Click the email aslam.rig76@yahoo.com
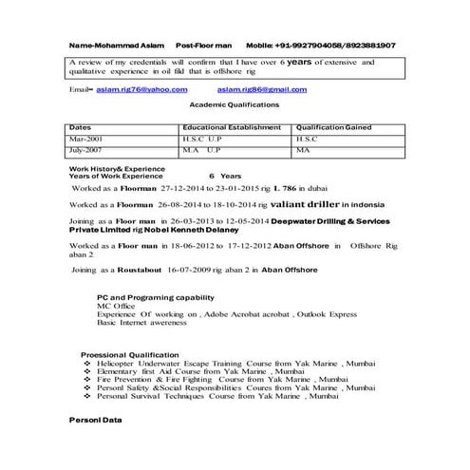[141, 88]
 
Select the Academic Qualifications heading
[235, 104]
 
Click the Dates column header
[81, 126]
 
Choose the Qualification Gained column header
[333, 126]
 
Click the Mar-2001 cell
[86, 138]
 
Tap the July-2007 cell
[88, 149]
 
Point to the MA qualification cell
[303, 149]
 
